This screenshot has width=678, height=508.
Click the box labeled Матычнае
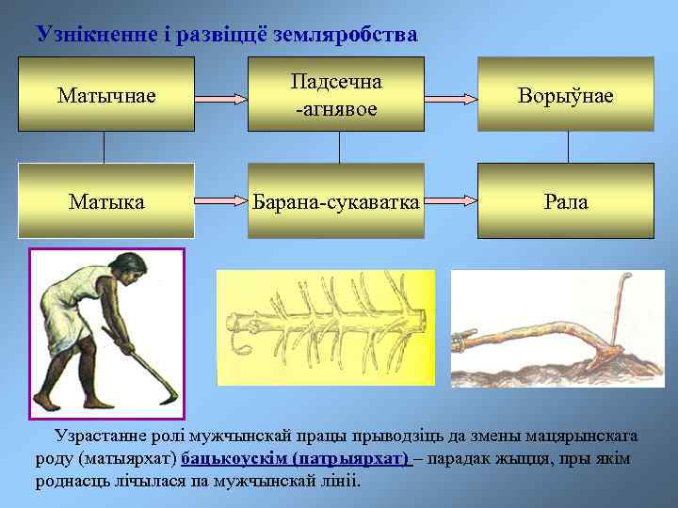106,94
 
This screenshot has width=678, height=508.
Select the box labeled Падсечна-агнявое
335,94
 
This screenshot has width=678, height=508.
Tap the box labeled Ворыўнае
565,94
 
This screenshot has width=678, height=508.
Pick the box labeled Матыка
106,200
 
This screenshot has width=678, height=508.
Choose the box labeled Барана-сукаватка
335,200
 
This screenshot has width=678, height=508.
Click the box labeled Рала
565,200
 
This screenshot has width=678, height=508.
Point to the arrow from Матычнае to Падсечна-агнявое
221,95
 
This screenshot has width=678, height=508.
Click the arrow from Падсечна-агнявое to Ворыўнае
450,95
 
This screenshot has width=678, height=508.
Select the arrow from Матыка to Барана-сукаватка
221,201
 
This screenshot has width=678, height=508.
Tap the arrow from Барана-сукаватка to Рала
450,201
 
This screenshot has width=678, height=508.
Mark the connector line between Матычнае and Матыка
105,147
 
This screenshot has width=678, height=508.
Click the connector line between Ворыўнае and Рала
568,147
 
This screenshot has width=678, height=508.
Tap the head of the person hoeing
133,270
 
